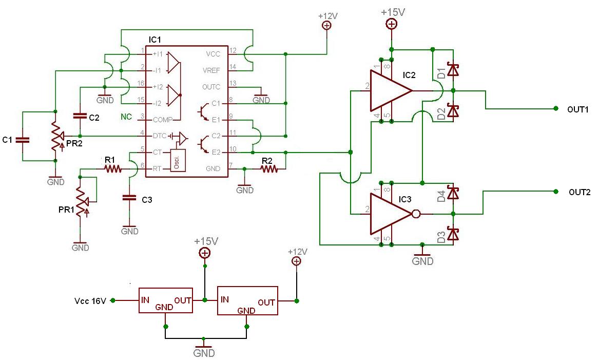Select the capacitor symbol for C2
click(80, 116)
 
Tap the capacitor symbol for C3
click(129, 198)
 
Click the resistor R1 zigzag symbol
click(113, 168)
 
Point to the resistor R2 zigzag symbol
click(269, 168)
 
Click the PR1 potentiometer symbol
click(82, 202)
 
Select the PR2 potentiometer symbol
click(57, 136)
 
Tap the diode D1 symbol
click(453, 70)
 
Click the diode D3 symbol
click(453, 234)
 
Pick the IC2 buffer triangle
click(391, 91)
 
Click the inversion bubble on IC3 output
click(416, 214)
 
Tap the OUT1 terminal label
click(578, 109)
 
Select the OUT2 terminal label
click(580, 192)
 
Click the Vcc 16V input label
click(90, 301)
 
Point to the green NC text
click(126, 117)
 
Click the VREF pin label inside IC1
click(211, 71)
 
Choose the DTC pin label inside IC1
click(160, 136)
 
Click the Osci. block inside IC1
click(178, 160)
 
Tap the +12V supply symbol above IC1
click(327, 25)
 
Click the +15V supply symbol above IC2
click(392, 24)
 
